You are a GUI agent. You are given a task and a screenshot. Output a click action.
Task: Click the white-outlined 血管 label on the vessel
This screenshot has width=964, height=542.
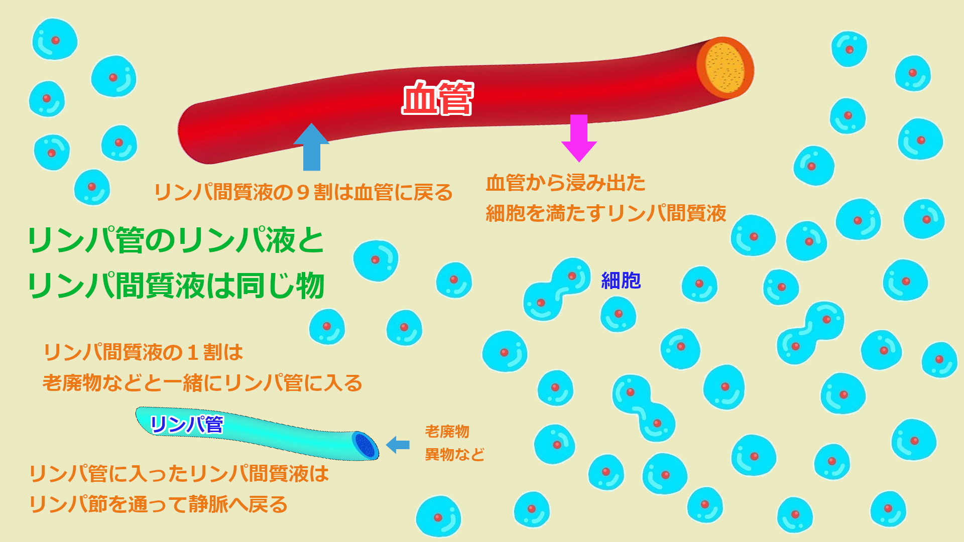(437, 98)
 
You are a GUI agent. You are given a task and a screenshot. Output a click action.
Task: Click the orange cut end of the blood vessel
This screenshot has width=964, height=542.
(725, 67)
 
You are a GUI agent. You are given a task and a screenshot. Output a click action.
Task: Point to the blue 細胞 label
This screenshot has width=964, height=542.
(621, 281)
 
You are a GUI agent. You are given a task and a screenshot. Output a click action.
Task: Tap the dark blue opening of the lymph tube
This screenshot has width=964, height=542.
(365, 445)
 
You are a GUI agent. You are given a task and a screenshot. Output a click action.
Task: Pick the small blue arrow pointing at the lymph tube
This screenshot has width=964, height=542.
(398, 445)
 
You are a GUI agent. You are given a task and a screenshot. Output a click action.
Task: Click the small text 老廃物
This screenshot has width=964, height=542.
(447, 431)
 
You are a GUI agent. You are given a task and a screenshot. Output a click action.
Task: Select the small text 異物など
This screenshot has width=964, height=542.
(454, 455)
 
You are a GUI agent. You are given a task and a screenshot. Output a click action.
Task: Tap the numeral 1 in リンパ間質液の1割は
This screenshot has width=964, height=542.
(192, 353)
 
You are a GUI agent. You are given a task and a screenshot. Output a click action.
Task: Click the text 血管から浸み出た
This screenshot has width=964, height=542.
(565, 183)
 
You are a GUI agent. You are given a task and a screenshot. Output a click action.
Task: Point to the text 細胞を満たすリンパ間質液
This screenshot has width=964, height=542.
(606, 213)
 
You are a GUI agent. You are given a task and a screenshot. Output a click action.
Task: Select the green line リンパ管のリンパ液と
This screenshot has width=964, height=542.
(176, 240)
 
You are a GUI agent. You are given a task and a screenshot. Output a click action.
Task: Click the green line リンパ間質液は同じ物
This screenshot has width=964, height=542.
(176, 286)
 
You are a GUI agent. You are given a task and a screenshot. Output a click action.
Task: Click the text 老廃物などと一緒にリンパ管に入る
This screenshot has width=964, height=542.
(202, 383)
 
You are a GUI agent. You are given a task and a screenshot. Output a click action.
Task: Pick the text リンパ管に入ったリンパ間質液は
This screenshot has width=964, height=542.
(179, 474)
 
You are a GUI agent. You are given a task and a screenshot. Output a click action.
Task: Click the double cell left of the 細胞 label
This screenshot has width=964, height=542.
(557, 290)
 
